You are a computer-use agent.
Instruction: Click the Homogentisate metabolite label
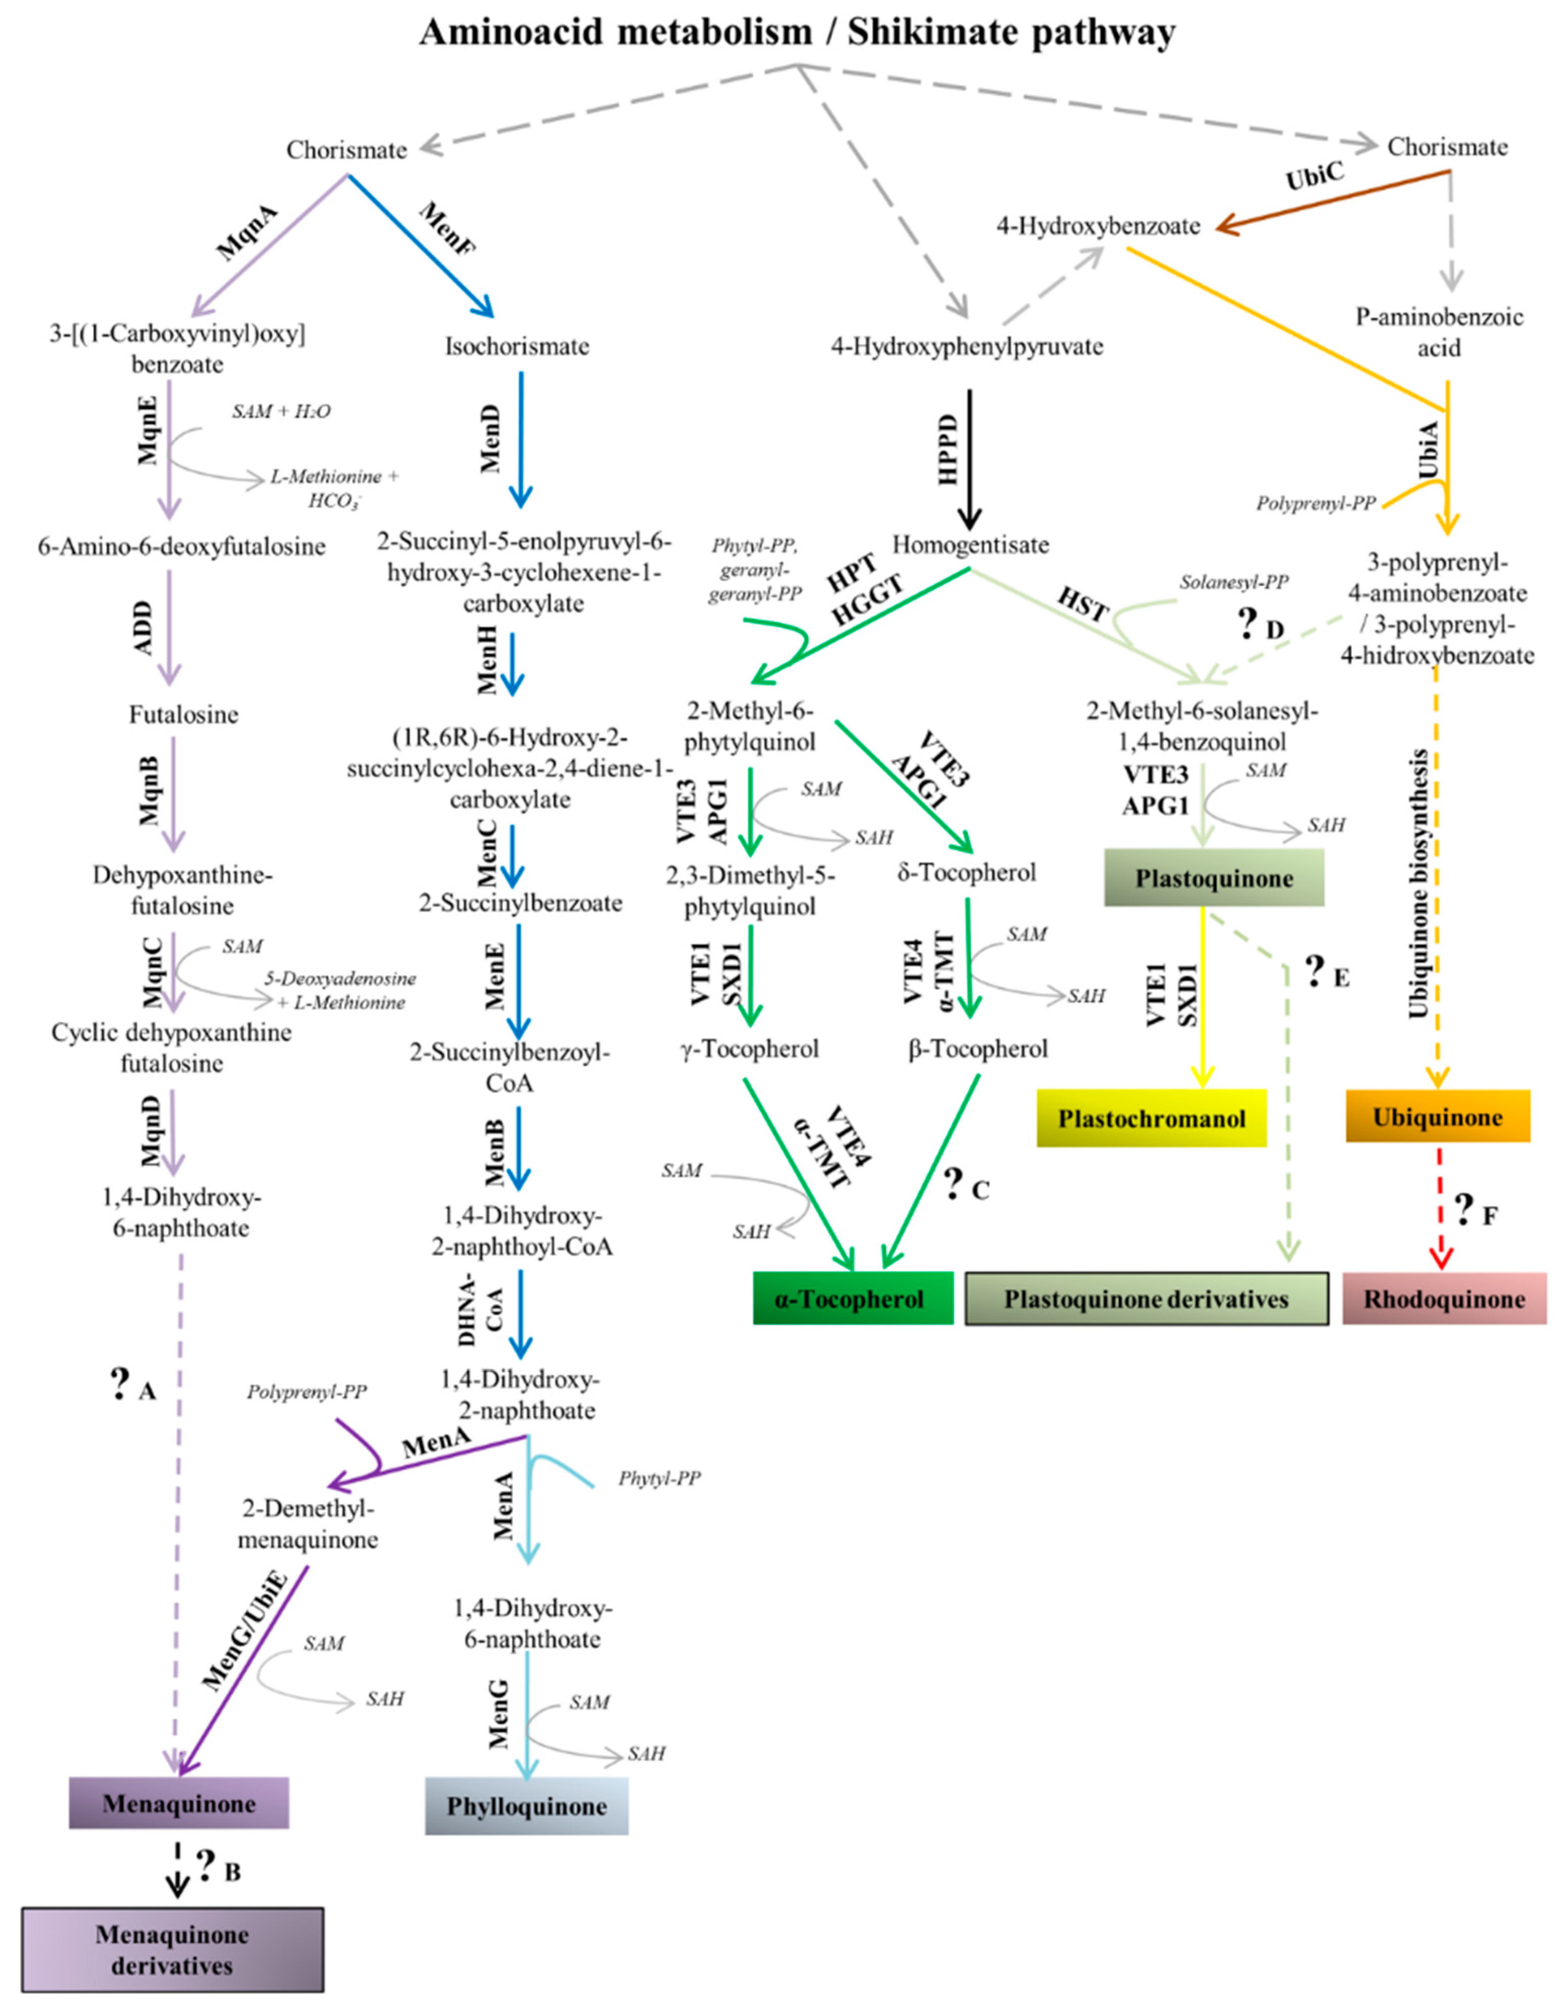971,544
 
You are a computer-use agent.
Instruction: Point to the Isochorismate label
517,346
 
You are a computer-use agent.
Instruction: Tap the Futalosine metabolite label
183,715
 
